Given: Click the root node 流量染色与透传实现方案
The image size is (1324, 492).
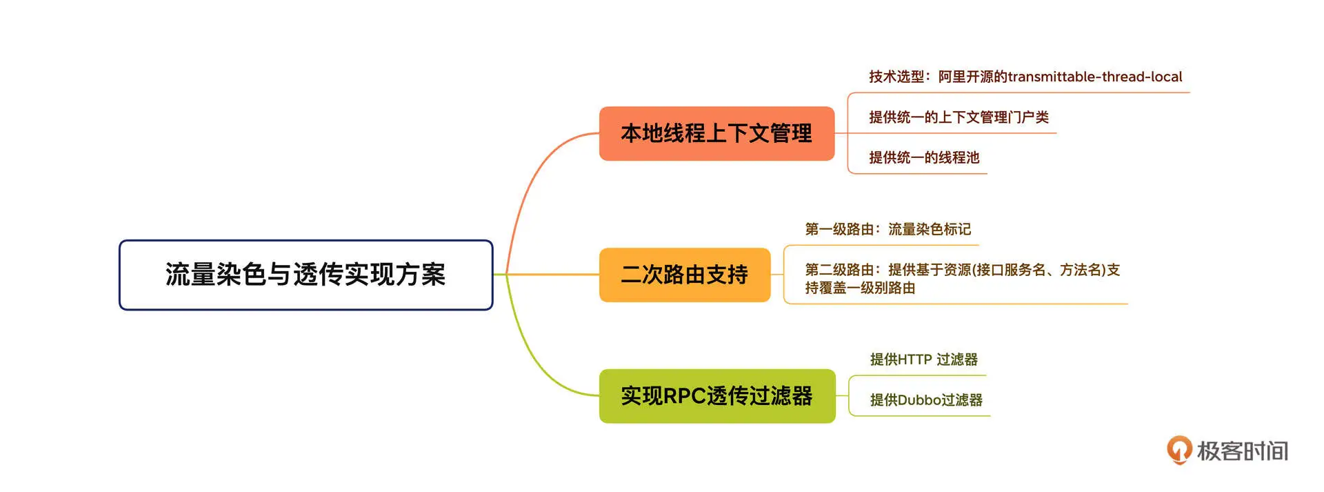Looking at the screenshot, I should (305, 275).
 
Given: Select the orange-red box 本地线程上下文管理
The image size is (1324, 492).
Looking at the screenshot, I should (716, 133).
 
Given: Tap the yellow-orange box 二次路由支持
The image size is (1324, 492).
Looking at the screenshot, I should (684, 275).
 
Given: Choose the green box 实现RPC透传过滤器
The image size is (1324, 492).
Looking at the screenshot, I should (716, 396).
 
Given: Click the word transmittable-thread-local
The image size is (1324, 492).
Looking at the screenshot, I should (1094, 77).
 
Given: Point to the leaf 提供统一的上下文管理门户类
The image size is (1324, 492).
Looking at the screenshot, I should (959, 117).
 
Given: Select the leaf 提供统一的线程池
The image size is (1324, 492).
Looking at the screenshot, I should (924, 157).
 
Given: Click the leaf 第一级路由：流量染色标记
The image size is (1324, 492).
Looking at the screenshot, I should (887, 229).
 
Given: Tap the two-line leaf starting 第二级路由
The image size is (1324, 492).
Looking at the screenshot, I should (962, 279).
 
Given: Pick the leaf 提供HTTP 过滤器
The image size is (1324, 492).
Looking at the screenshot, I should (923, 360).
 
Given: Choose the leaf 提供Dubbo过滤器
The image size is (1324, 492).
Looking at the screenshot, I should (925, 400).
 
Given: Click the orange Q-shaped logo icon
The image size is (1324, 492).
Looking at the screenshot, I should (1178, 449).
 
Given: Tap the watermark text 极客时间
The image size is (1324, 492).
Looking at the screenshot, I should (1242, 451).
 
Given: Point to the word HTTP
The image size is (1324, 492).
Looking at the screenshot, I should (914, 360).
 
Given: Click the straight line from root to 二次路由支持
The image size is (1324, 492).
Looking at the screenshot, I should (552, 275).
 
